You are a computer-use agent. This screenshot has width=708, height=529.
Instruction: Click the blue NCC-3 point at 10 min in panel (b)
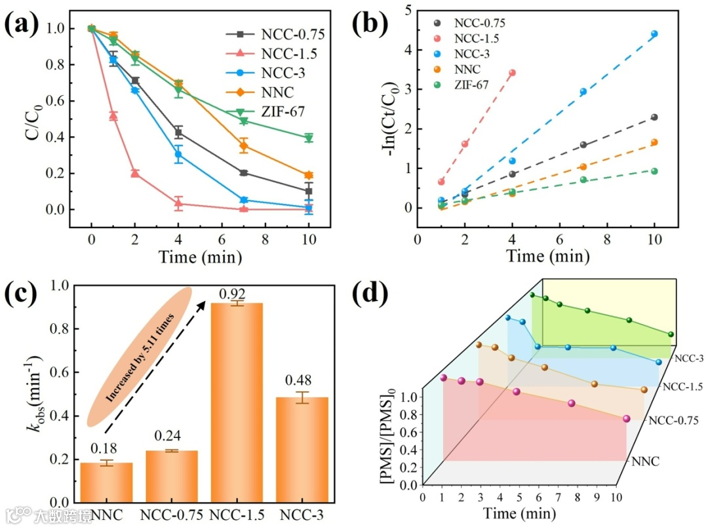pos(654,33)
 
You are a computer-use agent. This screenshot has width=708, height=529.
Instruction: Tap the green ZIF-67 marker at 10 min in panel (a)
pos(309,138)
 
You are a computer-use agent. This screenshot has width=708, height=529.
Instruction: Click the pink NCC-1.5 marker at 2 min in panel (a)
pos(135,173)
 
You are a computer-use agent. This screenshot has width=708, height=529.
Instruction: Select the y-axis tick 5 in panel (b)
pos(408,10)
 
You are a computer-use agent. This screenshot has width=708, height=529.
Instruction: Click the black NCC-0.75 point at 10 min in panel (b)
pos(654,117)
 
